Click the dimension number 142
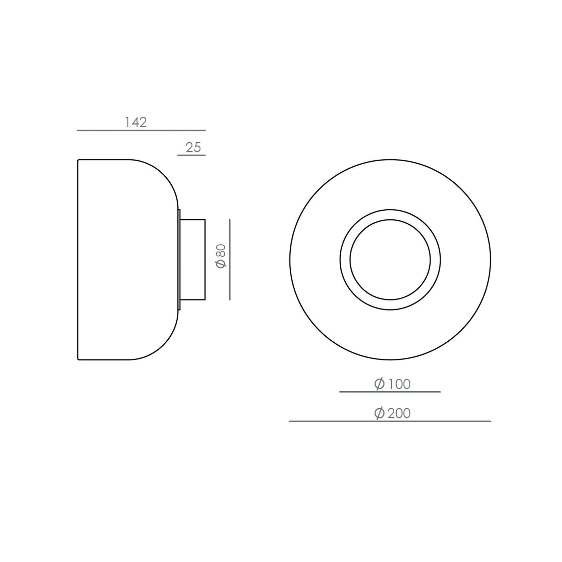(136, 122)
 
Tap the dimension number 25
(193, 147)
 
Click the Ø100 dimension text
(392, 384)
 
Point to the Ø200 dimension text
(392, 413)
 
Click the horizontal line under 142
(141, 130)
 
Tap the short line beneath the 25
(191, 156)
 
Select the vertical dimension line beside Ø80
(230, 260)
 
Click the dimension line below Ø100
(390, 392)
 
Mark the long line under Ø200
(390, 421)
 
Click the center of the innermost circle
(390, 260)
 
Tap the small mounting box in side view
(193, 260)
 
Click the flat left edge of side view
(78, 260)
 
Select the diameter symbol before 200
(380, 413)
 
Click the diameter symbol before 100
(380, 384)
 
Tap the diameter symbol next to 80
(221, 264)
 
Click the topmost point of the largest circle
(390, 160)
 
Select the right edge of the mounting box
(205, 260)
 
